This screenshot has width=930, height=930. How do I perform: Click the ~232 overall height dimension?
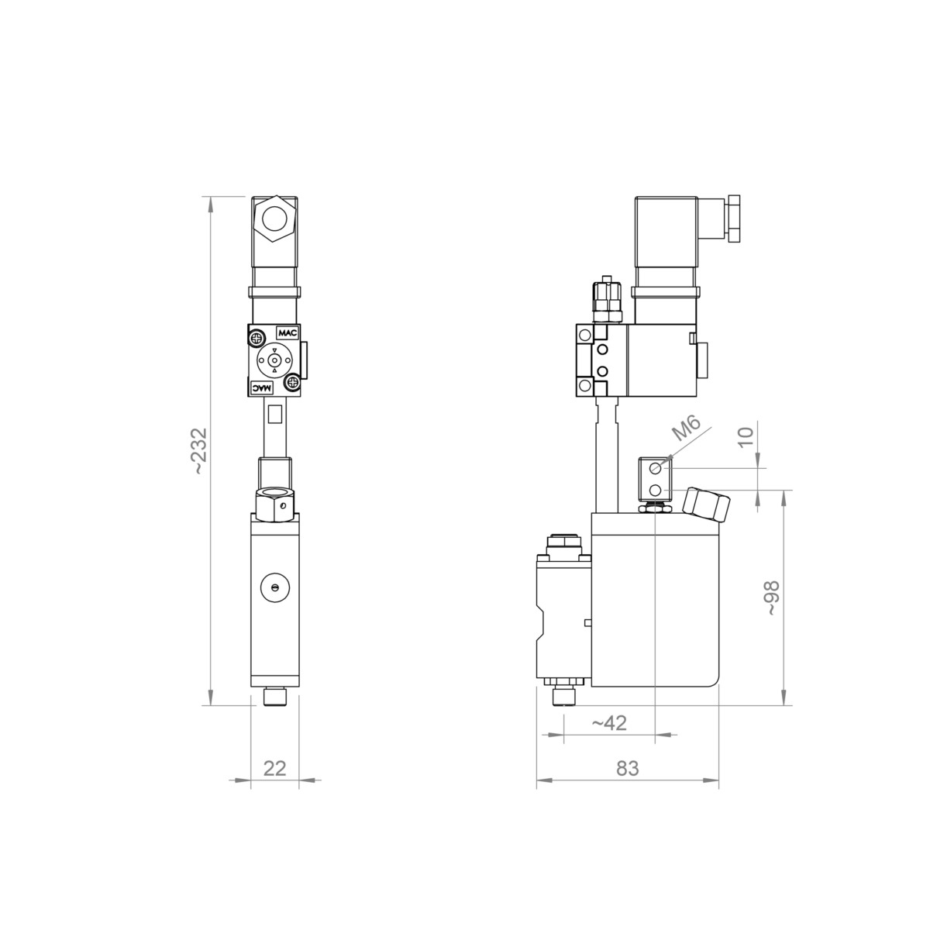coord(200,451)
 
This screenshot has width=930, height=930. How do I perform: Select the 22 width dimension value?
coord(275,768)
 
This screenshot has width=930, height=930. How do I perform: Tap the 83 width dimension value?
coord(628,768)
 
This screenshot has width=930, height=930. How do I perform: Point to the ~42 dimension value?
coord(609,723)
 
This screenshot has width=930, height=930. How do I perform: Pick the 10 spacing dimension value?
coord(746,438)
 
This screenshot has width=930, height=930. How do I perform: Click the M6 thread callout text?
coord(687,429)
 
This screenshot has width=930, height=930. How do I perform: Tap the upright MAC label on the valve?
coord(288,333)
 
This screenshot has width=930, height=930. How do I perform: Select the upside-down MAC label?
coord(262,387)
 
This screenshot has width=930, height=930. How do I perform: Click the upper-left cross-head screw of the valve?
coord(257,336)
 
